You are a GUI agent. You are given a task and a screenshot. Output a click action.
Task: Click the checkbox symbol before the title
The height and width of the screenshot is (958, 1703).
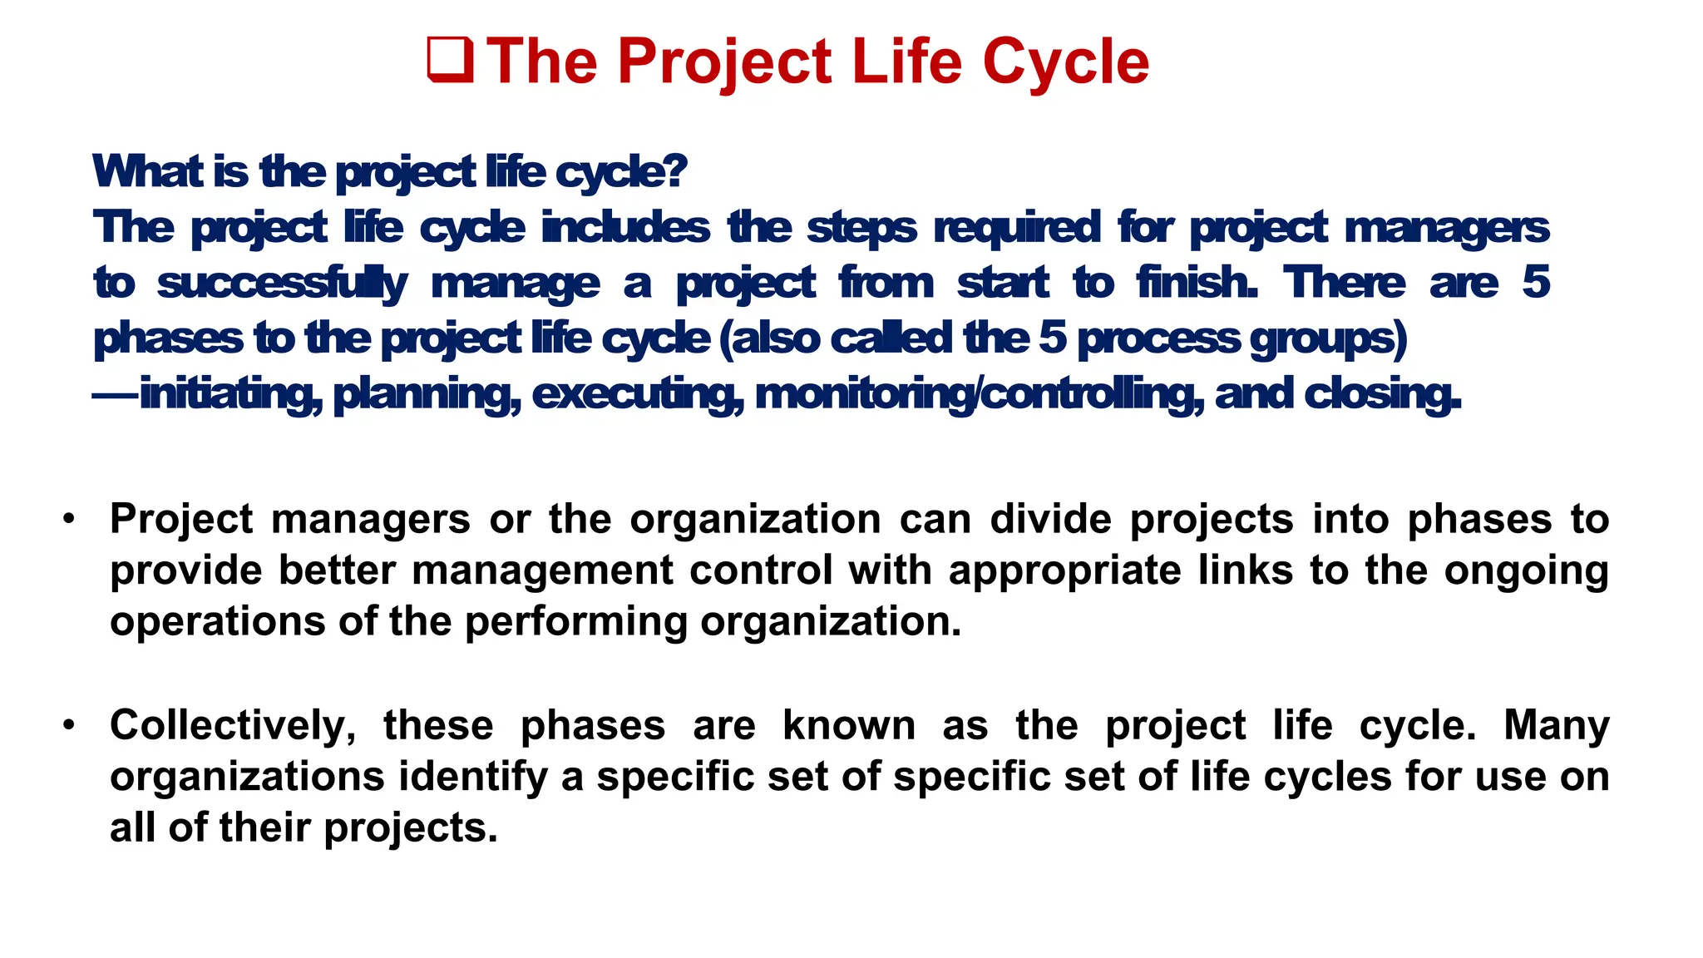point(450,61)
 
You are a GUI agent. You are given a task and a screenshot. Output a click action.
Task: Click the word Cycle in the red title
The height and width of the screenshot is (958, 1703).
point(1066,62)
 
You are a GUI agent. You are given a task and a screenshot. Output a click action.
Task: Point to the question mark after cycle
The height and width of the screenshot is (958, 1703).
point(677,170)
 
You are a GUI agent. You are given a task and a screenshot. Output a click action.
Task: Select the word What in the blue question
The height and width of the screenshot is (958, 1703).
point(147,171)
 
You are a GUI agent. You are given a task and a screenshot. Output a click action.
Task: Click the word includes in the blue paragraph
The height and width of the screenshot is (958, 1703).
point(625,227)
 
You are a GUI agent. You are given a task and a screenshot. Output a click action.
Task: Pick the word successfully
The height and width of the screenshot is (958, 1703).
point(282,284)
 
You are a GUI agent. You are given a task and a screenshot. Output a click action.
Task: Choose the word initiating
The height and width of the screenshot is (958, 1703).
point(230,394)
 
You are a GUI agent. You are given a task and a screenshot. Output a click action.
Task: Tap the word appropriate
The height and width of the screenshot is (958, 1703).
point(1064,571)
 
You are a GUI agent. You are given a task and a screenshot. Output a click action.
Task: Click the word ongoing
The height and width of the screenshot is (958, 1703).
point(1526,571)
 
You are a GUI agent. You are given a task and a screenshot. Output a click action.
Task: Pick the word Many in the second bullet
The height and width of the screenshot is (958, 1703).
point(1556,725)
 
